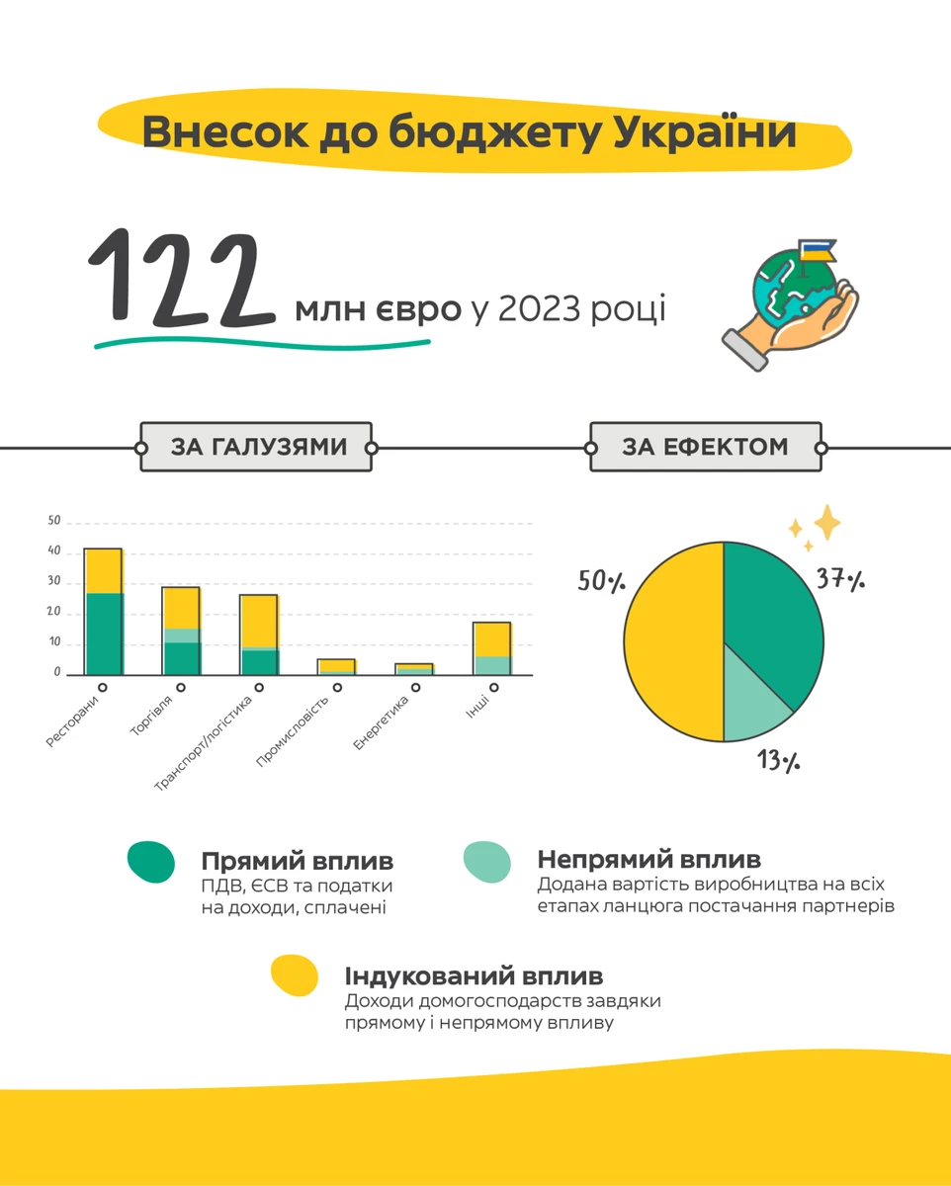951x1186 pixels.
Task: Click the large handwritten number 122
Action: tap(183, 280)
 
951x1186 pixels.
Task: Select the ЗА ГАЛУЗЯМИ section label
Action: tap(258, 447)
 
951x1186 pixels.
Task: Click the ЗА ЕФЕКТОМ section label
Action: tap(705, 447)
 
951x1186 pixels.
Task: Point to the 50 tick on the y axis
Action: tap(54, 521)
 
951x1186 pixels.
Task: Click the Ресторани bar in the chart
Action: tap(103, 611)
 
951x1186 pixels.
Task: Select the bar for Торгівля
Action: tap(181, 631)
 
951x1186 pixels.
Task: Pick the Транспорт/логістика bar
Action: tap(258, 635)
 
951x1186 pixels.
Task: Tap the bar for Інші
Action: tap(490, 648)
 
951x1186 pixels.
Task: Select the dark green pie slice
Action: tap(771, 613)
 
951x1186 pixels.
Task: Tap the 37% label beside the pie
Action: tap(840, 579)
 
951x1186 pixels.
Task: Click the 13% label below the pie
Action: tap(779, 761)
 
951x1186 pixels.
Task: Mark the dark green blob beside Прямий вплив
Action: tap(151, 862)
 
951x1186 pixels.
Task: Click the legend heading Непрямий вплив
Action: tap(648, 859)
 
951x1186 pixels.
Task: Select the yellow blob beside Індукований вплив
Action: tap(295, 975)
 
